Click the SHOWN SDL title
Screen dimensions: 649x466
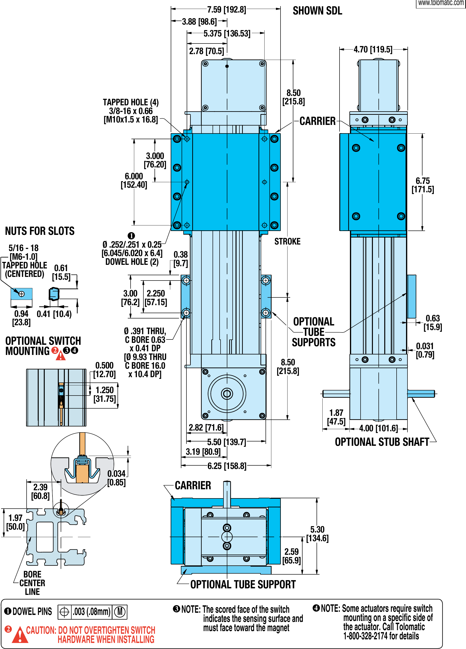tap(317, 11)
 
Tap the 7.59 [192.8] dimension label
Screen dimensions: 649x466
tap(226, 10)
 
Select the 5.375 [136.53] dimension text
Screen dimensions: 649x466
tap(227, 34)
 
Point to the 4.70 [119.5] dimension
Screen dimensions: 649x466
tap(373, 50)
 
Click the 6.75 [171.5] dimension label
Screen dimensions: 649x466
tap(422, 185)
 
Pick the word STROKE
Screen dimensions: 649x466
tap(287, 242)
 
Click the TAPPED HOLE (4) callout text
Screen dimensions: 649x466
tap(131, 102)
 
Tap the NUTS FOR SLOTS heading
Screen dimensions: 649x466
tap(40, 231)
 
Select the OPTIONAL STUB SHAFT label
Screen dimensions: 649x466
tap(382, 442)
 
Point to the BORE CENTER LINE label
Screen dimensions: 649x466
tap(32, 583)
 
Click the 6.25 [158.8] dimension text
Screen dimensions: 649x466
tap(227, 466)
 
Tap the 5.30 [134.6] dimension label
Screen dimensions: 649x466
tap(317, 534)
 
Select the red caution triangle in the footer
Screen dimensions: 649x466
tap(20, 635)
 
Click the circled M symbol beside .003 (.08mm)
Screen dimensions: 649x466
tap(120, 612)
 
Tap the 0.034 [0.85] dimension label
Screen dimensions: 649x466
tap(116, 478)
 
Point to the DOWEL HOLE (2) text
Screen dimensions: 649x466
tap(132, 262)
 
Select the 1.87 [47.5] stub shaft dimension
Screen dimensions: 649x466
tap(336, 417)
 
